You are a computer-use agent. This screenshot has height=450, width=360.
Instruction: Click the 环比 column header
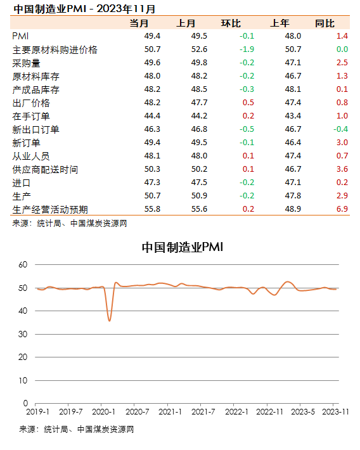(231, 23)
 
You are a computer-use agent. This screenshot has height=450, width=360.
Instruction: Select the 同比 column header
(325, 23)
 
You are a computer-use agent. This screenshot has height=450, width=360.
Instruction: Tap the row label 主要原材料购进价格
(55, 49)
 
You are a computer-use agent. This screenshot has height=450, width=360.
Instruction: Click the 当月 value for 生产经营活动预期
(152, 209)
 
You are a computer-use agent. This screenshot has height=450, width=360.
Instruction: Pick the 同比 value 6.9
(342, 209)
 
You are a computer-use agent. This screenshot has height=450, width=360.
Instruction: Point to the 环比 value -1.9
(247, 49)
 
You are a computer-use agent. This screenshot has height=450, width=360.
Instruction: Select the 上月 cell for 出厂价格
(199, 103)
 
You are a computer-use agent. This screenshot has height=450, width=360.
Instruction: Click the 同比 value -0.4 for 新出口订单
(340, 129)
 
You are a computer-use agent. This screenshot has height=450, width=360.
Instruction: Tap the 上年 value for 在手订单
(293, 116)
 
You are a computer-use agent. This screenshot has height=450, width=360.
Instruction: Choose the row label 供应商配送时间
(45, 169)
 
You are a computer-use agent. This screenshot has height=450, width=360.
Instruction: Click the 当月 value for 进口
(152, 183)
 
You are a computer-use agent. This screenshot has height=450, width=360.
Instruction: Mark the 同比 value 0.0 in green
(342, 49)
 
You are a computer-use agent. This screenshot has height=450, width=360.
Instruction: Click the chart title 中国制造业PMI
(183, 247)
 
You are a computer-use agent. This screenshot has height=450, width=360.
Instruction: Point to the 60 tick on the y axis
(23, 264)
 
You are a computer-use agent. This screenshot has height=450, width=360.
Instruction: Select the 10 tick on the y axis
(23, 380)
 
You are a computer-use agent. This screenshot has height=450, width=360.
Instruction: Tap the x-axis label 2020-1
(103, 412)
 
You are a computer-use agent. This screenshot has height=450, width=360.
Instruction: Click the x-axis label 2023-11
(335, 412)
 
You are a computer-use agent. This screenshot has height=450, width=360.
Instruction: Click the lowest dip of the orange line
(110, 321)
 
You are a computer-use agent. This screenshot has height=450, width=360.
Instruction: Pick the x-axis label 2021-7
(203, 412)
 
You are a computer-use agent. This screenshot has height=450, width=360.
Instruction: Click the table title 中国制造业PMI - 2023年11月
(84, 9)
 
